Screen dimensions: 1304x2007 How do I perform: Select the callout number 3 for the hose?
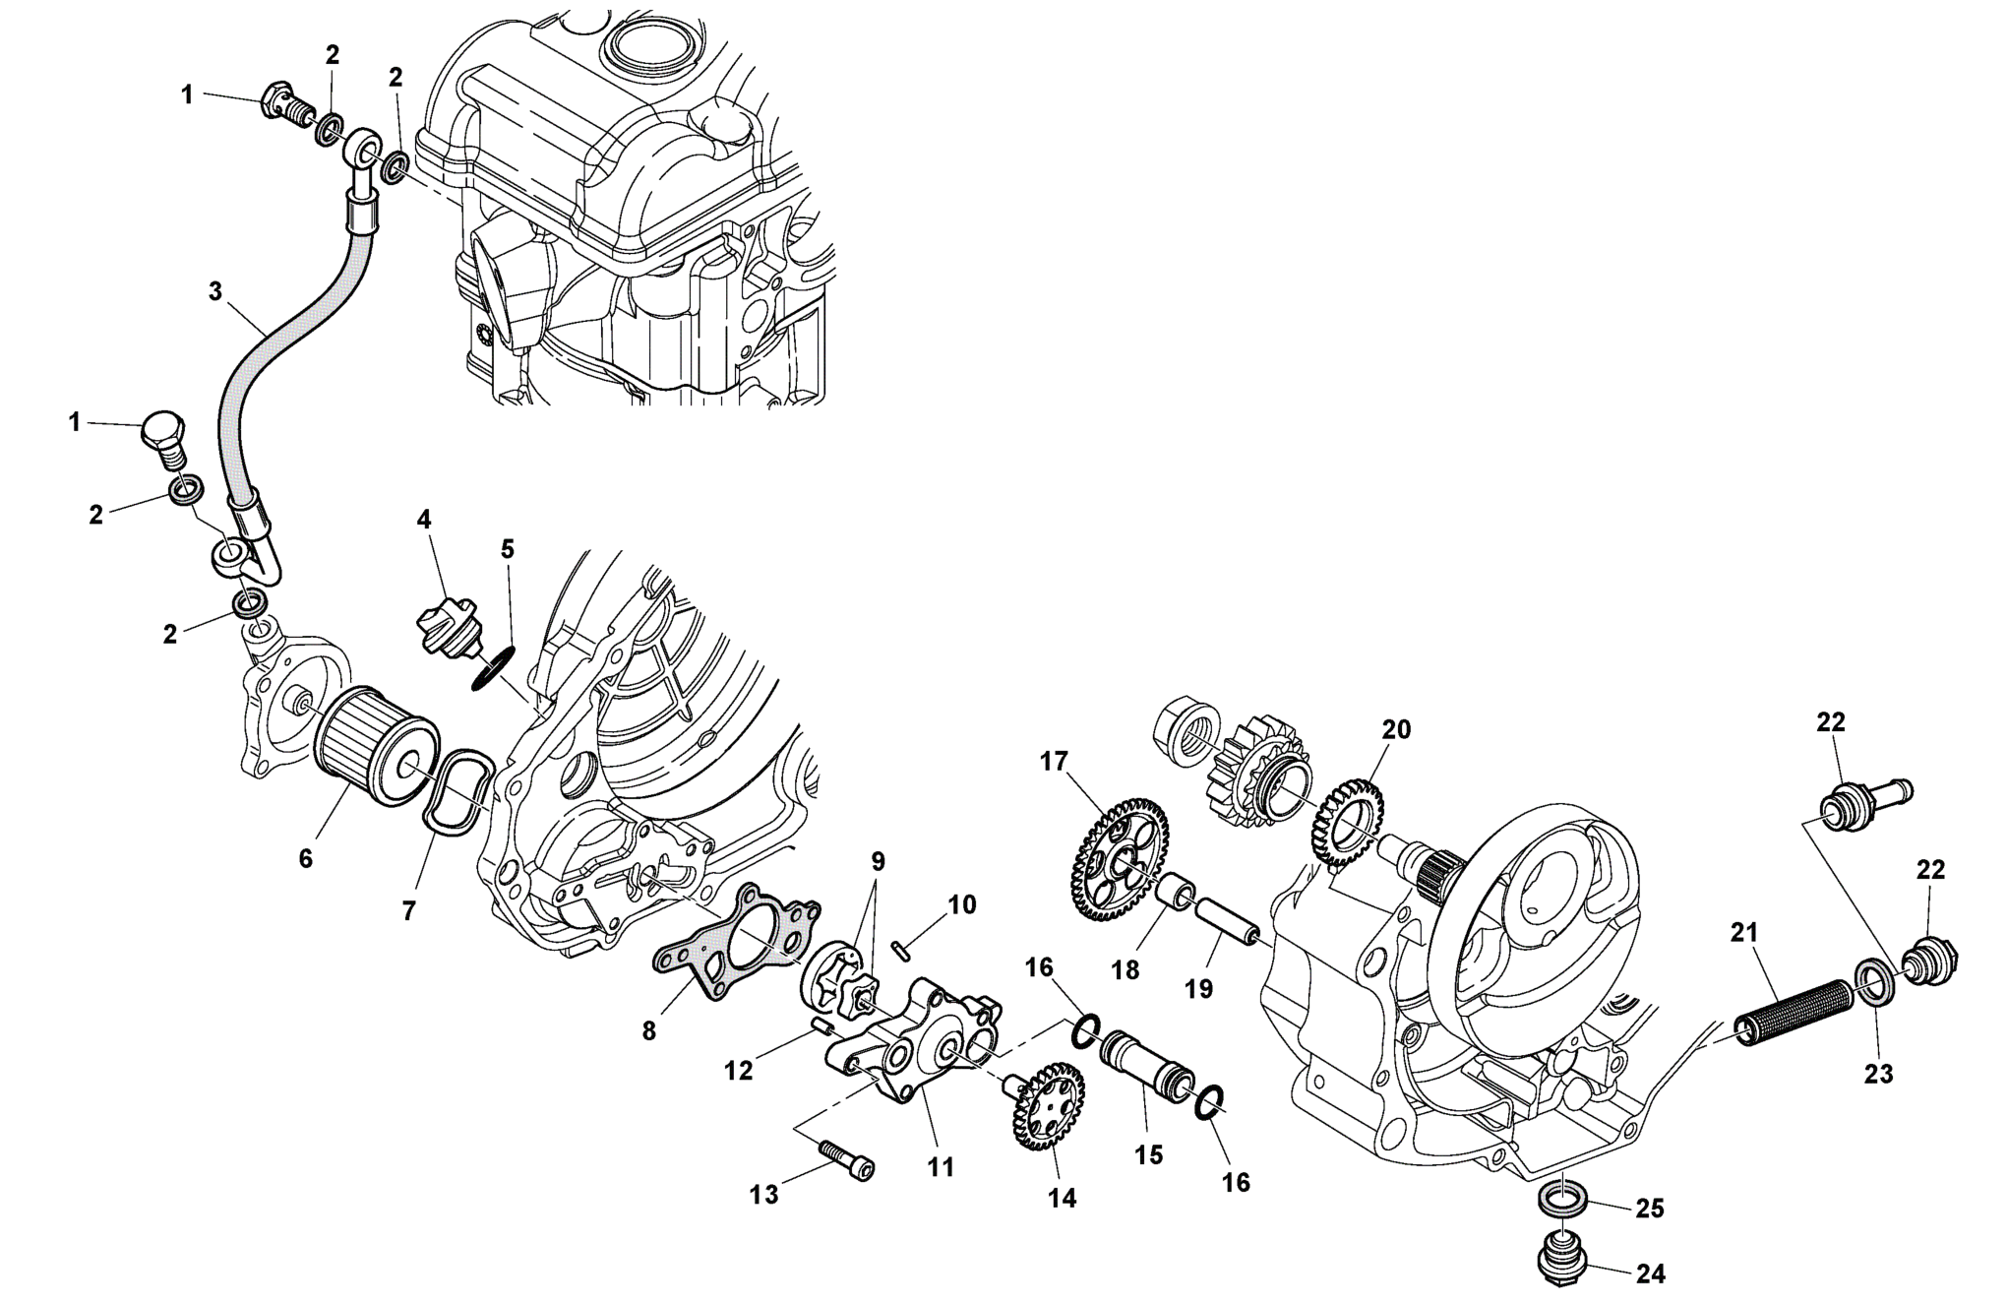point(216,291)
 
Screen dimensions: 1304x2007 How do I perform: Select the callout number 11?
point(942,1167)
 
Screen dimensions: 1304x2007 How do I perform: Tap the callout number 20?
point(1396,730)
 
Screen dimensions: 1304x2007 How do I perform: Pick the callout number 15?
point(1148,1154)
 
